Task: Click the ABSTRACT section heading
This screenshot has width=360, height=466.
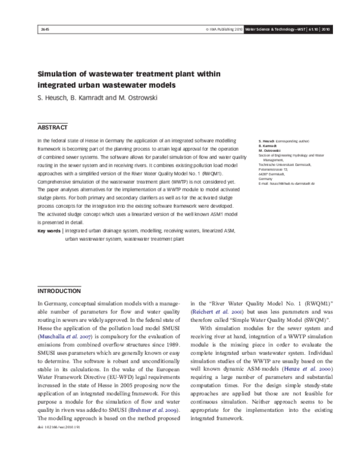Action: [53, 127]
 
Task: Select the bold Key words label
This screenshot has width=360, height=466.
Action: [49, 231]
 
